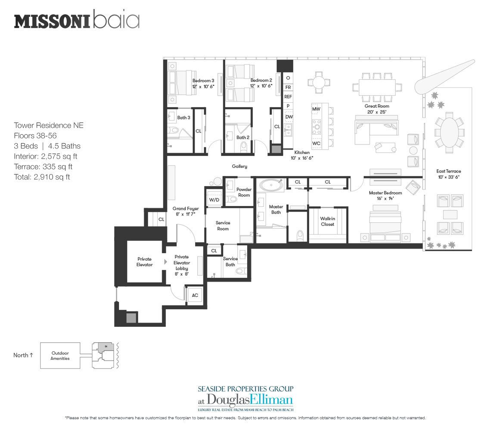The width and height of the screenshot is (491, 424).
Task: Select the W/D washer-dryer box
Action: (x=214, y=200)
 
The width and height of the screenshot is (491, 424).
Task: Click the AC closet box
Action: (x=194, y=295)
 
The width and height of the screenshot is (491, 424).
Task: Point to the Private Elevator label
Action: (x=144, y=262)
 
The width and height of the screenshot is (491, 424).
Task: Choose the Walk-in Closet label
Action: (x=327, y=221)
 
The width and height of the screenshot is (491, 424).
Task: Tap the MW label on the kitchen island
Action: (x=316, y=109)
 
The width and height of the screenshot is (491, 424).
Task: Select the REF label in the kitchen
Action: (x=288, y=97)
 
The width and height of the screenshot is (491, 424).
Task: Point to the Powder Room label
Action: (x=244, y=192)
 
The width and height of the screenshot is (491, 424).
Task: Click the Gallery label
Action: (x=239, y=166)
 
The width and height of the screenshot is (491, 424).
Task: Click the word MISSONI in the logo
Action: (x=52, y=22)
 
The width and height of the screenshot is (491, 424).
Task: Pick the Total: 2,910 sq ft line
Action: (x=42, y=176)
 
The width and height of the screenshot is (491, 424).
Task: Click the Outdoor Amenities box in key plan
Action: (x=60, y=356)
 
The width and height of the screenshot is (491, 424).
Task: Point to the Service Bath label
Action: (x=230, y=261)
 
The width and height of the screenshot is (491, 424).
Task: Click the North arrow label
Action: (x=23, y=355)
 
